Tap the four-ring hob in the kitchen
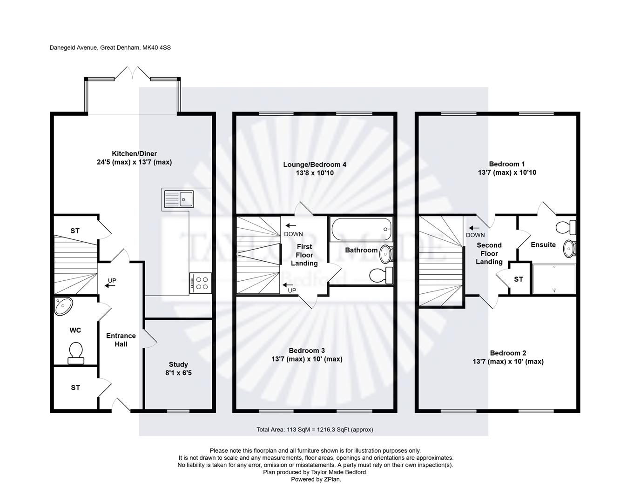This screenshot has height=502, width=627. [x=202, y=283]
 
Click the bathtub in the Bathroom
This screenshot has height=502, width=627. [x=362, y=229]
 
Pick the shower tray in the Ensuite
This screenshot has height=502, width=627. [x=554, y=279]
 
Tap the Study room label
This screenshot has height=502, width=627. [x=178, y=364]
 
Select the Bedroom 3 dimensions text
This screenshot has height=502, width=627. [x=307, y=359]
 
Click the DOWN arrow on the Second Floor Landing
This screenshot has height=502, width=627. [x=474, y=228]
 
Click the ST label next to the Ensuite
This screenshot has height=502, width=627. [x=519, y=279]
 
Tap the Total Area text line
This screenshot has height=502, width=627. [x=315, y=429]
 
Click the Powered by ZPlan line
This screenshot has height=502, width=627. [x=316, y=479]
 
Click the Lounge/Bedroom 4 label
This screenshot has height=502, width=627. [x=315, y=165]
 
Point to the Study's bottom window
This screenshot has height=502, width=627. [x=178, y=411]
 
